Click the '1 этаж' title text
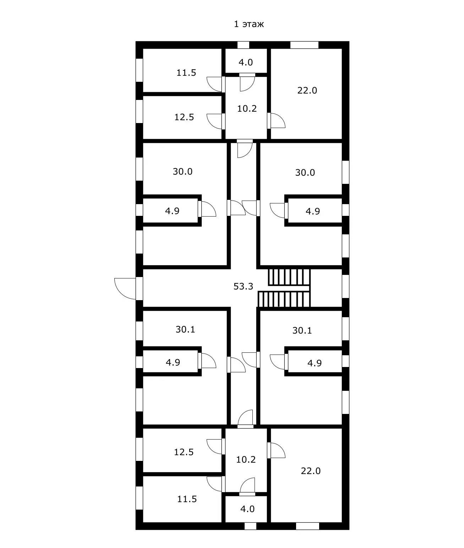pos(249,24)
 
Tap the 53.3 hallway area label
pos(243,286)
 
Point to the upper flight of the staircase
pos(289,277)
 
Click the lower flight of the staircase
pos(284,299)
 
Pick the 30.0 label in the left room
pos(182,171)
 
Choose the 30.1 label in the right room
pos(302,330)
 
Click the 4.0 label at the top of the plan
pos(246,62)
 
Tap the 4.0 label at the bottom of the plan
pos(247,509)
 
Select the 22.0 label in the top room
pos(307,90)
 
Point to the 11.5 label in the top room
pos(186,73)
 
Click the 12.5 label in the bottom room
pos(184,452)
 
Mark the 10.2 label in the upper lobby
pos(247,108)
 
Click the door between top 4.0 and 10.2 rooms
pos(247,82)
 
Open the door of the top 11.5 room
pos(215,84)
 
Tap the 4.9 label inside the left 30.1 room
pos(173,362)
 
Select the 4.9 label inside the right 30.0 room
pos(313,211)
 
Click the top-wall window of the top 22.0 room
pos(304,45)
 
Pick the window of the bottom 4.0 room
pos(251,526)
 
